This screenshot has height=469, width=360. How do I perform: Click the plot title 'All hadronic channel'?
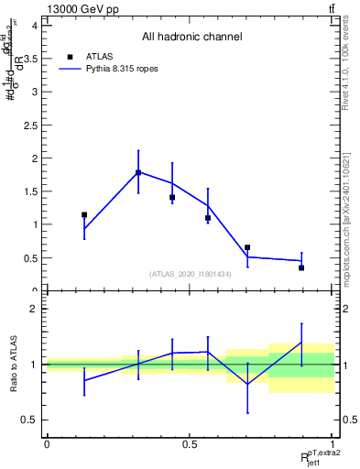point(191,38)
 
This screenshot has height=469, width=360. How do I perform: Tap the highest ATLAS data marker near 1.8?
point(138,172)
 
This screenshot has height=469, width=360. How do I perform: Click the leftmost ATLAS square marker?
point(84,215)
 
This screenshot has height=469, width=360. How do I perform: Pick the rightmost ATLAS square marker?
point(301,267)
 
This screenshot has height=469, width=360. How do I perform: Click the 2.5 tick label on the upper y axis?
point(33,125)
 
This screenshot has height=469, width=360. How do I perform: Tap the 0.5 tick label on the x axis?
point(190,443)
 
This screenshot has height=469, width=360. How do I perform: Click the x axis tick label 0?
point(47,443)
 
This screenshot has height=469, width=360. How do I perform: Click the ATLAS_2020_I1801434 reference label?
point(191,274)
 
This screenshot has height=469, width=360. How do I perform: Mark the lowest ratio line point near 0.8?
point(247,384)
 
